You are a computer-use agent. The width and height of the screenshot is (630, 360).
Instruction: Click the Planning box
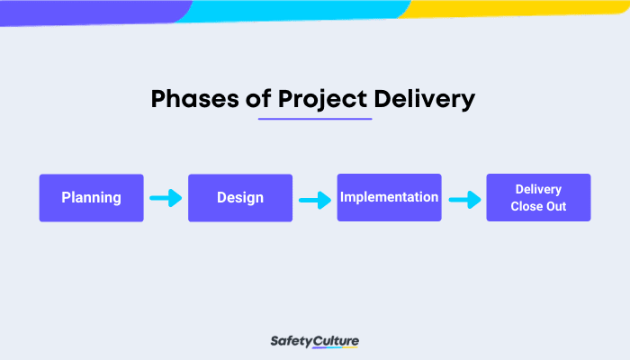(91, 197)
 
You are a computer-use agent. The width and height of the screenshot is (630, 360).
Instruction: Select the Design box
(240, 197)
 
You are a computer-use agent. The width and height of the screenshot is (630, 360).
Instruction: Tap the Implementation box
(389, 197)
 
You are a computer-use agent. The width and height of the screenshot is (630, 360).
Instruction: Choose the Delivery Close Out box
(538, 197)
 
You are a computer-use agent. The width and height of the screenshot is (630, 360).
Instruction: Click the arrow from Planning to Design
(166, 197)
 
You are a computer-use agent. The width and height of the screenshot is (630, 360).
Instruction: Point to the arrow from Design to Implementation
(315, 198)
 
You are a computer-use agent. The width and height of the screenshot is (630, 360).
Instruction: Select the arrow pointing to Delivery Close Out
(463, 199)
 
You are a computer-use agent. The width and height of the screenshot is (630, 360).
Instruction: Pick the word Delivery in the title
(427, 99)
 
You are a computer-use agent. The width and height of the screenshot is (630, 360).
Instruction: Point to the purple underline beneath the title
(314, 119)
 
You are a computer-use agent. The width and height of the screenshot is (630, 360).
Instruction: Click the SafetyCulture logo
(314, 341)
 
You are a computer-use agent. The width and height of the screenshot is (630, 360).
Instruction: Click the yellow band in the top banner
(522, 8)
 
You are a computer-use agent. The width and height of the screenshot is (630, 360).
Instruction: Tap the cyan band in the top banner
(297, 10)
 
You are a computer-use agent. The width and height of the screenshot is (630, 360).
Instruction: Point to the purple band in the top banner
(90, 11)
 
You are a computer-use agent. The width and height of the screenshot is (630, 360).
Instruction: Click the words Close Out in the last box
(538, 206)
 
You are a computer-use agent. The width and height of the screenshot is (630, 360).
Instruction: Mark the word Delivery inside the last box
(538, 189)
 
